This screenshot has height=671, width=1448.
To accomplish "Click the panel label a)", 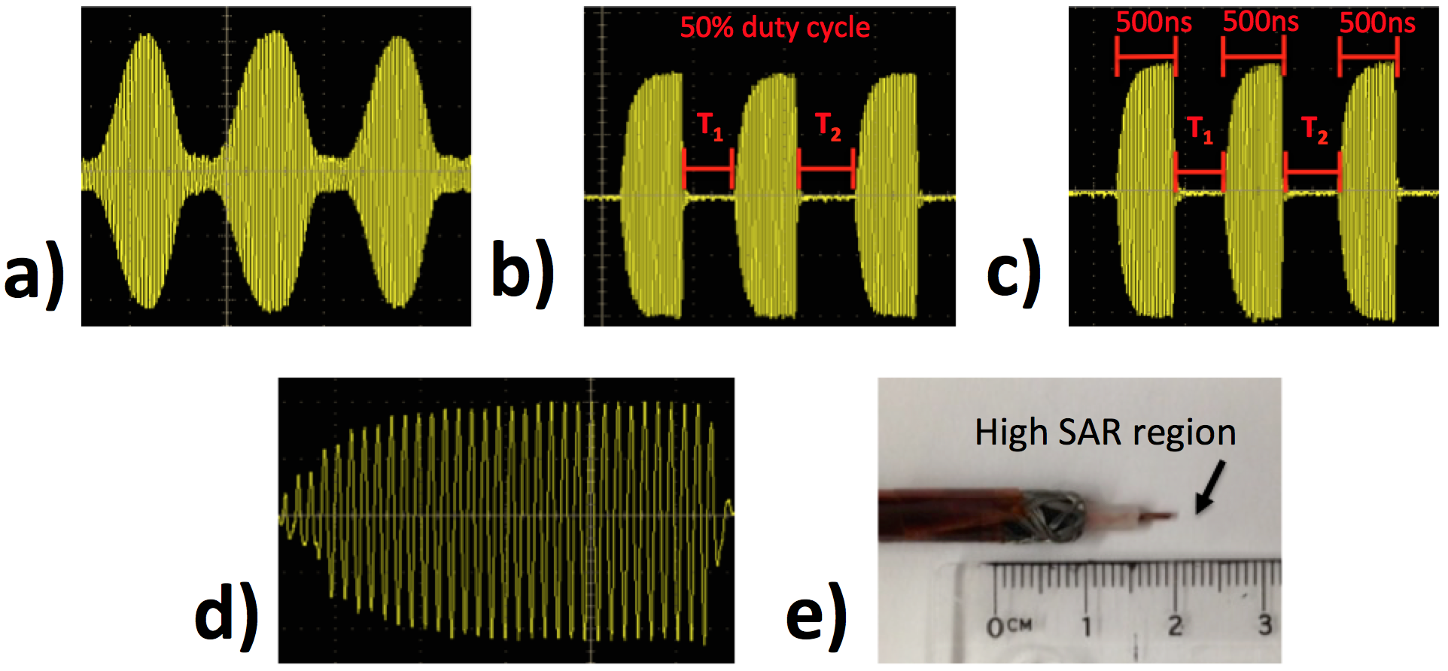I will (x=34, y=275).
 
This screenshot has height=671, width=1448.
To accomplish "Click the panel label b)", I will (x=522, y=275).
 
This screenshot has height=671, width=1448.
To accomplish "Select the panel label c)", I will (x=1014, y=275).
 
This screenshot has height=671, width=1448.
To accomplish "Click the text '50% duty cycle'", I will (x=774, y=28).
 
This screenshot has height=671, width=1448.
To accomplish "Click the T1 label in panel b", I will (x=710, y=126).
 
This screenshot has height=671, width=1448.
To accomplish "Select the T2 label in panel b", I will (x=828, y=126).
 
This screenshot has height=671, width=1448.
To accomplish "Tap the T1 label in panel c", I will (x=1200, y=129).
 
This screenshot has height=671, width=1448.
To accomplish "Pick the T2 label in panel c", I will (x=1314, y=129).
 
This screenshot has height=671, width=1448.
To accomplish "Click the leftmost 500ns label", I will (x=1153, y=22).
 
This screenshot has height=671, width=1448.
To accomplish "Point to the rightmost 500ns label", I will (x=1377, y=22).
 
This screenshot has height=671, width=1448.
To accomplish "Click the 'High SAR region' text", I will (x=1105, y=433).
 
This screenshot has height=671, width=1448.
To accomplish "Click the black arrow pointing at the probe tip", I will (x=1210, y=487).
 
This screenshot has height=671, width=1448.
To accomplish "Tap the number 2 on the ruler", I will (x=1175, y=624).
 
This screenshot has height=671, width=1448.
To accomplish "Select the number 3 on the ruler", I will (x=1264, y=624).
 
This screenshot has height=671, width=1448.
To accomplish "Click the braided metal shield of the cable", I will (x=1050, y=515).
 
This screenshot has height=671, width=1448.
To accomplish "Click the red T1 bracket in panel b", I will (x=707, y=169).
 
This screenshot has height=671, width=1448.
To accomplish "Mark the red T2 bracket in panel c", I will (x=1313, y=172).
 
